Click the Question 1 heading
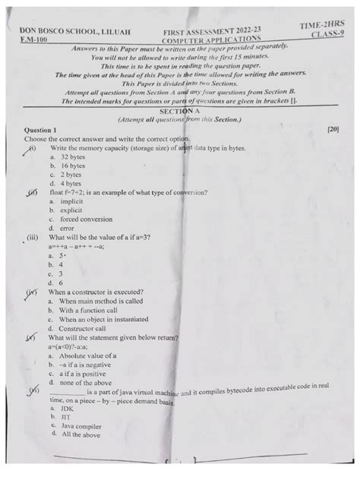[45, 131]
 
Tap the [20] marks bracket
[332, 131]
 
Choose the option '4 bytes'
[71, 184]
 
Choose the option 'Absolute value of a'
[89, 355]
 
